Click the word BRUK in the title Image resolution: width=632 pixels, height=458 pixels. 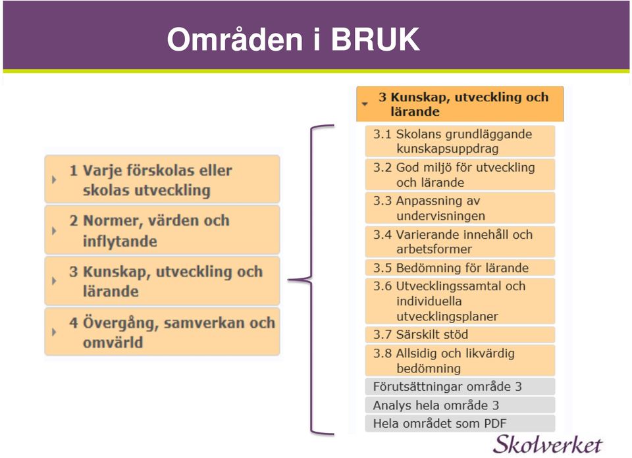point(375,39)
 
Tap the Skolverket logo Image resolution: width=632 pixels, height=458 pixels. point(547,445)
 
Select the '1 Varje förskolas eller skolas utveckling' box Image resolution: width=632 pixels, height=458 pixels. point(162,179)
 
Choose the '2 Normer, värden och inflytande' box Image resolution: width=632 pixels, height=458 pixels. point(162,230)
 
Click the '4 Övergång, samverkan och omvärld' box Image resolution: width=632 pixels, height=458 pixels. point(162,332)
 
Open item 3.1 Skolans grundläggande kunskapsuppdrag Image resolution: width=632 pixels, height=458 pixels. point(460,141)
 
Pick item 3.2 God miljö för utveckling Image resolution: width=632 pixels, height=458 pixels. point(460,174)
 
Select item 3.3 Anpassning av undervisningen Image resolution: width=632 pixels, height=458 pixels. point(460,208)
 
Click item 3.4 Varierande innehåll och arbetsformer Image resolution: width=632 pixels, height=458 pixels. point(460,242)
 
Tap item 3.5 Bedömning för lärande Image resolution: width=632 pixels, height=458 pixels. point(460,267)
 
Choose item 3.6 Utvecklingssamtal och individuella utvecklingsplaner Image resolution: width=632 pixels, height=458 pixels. point(460,301)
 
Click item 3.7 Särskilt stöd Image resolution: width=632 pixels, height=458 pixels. point(460,334)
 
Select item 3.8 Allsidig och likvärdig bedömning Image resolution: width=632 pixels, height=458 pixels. point(460,361)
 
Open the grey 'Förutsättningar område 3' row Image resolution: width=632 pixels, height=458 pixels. point(460,386)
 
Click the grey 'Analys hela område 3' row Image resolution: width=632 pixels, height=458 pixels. point(460,405)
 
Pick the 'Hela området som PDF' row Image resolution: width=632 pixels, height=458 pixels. point(460,423)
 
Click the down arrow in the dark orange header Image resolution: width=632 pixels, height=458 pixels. point(365,104)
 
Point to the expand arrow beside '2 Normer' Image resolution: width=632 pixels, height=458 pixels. point(54,230)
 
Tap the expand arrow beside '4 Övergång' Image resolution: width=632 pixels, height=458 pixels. point(54,332)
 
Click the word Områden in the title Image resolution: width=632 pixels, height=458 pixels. point(235,39)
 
